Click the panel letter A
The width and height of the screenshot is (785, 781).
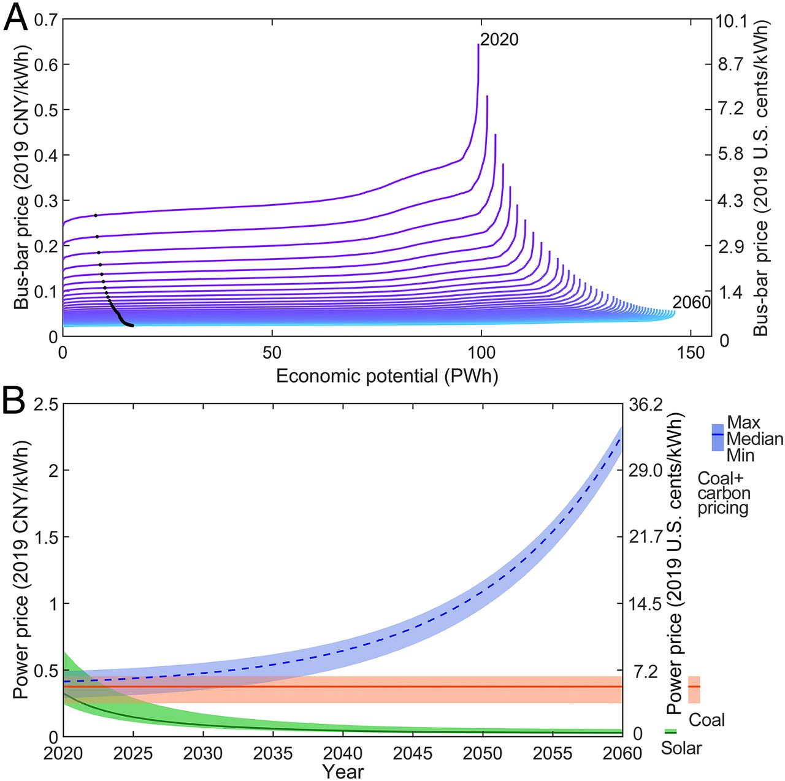pos(15,18)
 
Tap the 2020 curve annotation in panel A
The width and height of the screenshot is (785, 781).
pos(499,40)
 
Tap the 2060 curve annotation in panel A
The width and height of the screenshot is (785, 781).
pos(691,302)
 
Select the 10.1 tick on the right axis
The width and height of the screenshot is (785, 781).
pos(731,22)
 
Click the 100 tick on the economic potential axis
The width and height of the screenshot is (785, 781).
pos(481,353)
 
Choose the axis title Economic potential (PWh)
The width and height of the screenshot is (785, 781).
pos(386,376)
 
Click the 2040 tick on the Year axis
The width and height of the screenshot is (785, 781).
pos(343,753)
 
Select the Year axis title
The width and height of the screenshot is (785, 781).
pos(343,771)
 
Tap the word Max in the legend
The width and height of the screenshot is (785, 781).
pos(743,422)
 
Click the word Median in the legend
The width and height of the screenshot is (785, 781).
pos(755,439)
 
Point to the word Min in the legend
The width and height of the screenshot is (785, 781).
pos(740,455)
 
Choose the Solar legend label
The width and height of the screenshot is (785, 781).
pos(681,748)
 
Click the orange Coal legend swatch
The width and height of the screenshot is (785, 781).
pos(694,690)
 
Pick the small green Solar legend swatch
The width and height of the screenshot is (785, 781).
pos(671,731)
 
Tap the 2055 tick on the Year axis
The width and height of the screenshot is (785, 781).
pos(553,753)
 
